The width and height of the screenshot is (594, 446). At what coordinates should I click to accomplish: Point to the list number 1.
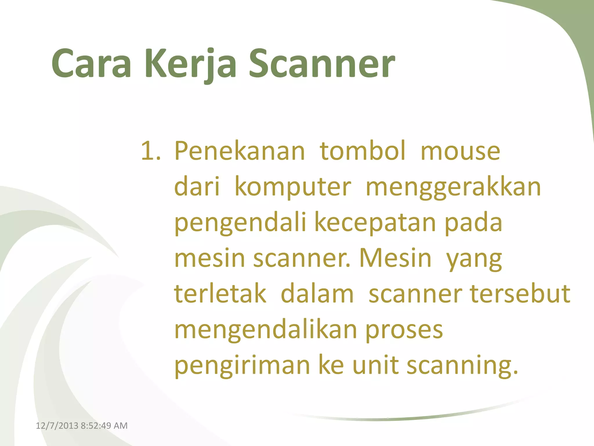pyautogui.click(x=150, y=151)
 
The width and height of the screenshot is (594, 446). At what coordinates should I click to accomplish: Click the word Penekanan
pyautogui.click(x=240, y=151)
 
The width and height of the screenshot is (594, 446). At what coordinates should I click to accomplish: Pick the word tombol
pyautogui.click(x=363, y=151)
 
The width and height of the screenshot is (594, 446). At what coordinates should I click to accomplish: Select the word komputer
pyautogui.click(x=293, y=187)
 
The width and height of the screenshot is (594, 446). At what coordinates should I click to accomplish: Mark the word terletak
pyautogui.click(x=220, y=294)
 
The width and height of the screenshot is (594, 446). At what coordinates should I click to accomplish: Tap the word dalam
pyautogui.click(x=317, y=294)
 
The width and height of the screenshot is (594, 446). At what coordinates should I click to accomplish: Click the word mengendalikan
pyautogui.click(x=265, y=330)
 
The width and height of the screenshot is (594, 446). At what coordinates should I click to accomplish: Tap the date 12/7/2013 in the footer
pyautogui.click(x=57, y=426)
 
